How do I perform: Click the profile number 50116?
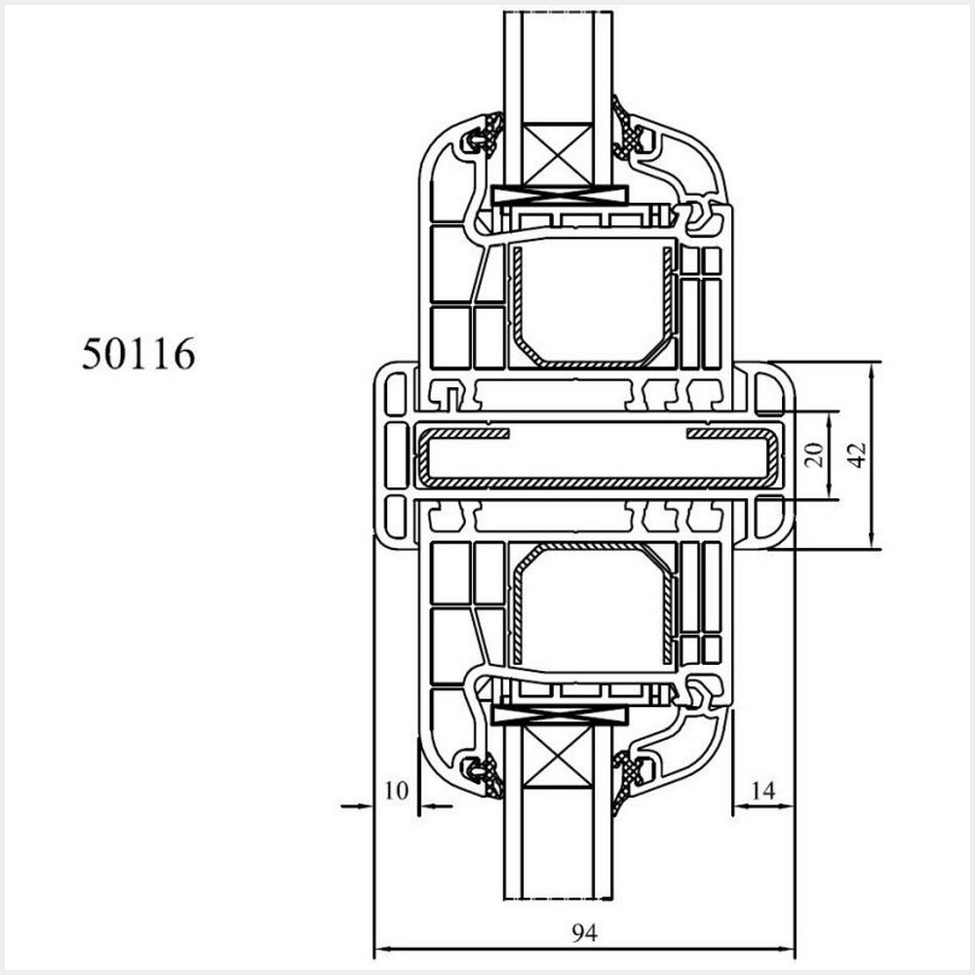[137, 355]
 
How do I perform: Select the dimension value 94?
[584, 933]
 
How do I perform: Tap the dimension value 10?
[395, 791]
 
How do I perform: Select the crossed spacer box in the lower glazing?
[558, 758]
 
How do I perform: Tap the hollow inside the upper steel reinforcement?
[590, 302]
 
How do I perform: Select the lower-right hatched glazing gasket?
[629, 775]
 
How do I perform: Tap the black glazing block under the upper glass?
[558, 195]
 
